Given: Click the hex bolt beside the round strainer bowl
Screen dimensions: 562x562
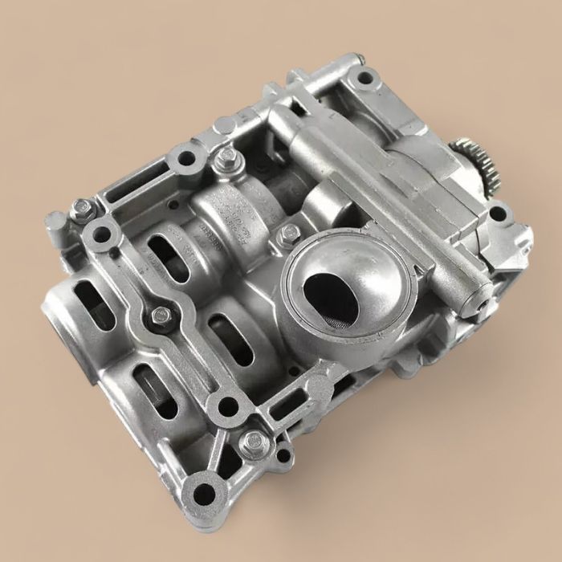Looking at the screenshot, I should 290,234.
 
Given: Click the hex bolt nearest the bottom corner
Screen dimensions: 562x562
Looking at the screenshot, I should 255,440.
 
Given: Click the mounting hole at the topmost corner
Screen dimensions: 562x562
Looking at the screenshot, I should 365,79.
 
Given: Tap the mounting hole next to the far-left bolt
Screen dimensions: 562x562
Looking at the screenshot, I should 102,235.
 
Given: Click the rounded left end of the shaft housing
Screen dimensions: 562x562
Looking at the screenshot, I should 60,313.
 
